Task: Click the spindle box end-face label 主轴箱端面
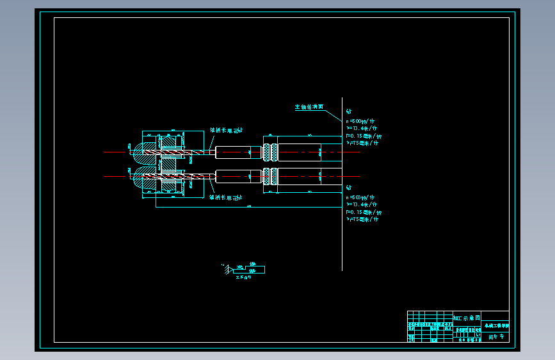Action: pyautogui.click(x=310, y=108)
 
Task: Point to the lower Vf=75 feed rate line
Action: pyautogui.click(x=362, y=219)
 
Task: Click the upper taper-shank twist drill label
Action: pyautogui.click(x=227, y=129)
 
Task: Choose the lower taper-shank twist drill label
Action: pyautogui.click(x=227, y=197)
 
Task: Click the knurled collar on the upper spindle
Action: pyautogui.click(x=271, y=152)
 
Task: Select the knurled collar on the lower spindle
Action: pyautogui.click(x=271, y=176)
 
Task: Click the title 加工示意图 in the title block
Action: pyautogui.click(x=466, y=318)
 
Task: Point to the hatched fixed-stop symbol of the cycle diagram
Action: pyautogui.click(x=225, y=268)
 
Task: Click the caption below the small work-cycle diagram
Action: pyautogui.click(x=244, y=277)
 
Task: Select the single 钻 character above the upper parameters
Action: pyautogui.click(x=349, y=113)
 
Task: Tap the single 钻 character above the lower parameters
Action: pyautogui.click(x=349, y=188)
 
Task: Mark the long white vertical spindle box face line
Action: pyautogui.click(x=342, y=243)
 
